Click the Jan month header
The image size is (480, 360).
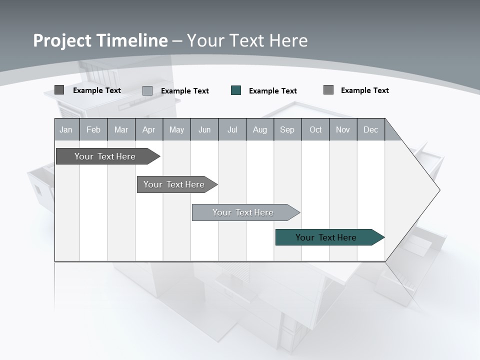(x=66, y=129)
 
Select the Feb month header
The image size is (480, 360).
(x=93, y=129)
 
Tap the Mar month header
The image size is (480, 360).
(x=121, y=129)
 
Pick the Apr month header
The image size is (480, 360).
(x=149, y=129)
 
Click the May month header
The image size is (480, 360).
(x=176, y=129)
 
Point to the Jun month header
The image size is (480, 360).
(x=204, y=129)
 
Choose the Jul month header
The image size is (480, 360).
(x=232, y=129)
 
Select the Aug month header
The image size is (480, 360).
(x=260, y=129)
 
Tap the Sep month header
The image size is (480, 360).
(x=287, y=129)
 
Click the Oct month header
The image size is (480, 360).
(x=315, y=129)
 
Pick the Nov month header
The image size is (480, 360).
(x=343, y=129)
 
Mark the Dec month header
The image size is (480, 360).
(x=371, y=129)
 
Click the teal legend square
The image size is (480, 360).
(x=236, y=90)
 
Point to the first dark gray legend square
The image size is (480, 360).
(x=59, y=90)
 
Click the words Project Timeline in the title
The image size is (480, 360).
(x=100, y=40)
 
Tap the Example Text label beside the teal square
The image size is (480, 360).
(x=273, y=91)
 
